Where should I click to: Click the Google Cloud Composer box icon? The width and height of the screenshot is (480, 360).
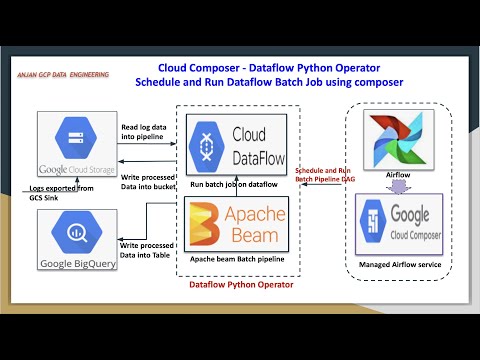[x=373, y=228]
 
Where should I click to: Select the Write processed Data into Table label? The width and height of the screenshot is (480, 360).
[x=146, y=250]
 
